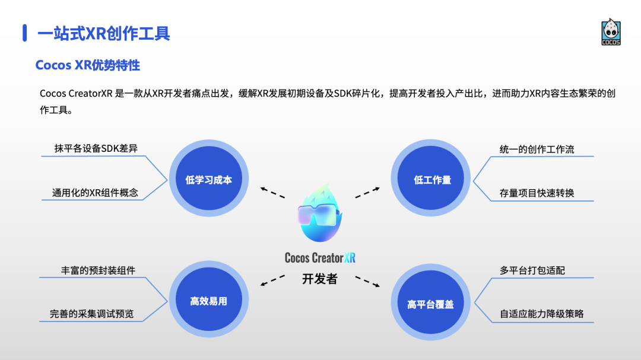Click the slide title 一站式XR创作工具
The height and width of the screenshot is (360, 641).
pos(104,33)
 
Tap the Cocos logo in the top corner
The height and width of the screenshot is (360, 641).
pos(611,33)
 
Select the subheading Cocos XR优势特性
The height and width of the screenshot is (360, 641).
pos(88,65)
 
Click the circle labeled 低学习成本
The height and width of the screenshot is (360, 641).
pos(208,180)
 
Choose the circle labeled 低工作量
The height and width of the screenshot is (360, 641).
pos(432,180)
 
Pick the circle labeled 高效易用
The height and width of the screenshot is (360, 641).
pos(208,301)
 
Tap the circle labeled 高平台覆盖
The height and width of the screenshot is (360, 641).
pos(430,304)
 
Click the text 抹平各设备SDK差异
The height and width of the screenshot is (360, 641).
pos(96,148)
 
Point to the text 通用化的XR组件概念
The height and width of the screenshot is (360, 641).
pos(95,193)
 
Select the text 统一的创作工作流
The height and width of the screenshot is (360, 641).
pos(537,149)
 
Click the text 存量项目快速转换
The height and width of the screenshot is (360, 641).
pos(537,193)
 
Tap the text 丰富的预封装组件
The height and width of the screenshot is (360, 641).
pos(98,270)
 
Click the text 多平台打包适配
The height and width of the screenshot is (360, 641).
pos(532,270)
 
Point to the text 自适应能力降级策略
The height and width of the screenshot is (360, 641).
pos(541,314)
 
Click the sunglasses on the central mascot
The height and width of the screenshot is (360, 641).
pos(319,214)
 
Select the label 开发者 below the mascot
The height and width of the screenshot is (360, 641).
pos(319,279)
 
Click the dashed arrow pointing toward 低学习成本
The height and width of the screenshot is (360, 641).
pos(272,192)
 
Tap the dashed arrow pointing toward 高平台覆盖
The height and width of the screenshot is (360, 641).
pos(367,281)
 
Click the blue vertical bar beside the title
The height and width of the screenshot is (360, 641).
pos(25,33)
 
